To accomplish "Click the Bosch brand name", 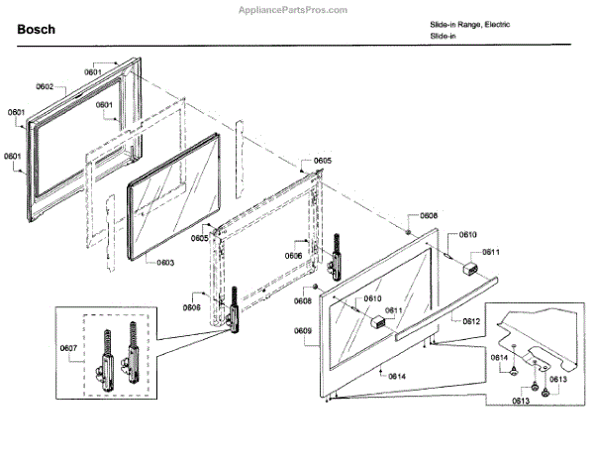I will click(36, 30).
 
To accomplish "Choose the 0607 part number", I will click(69, 348).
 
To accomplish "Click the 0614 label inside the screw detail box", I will click(501, 357).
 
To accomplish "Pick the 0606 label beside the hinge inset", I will click(191, 307).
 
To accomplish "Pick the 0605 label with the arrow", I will click(323, 161).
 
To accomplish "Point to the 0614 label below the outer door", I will click(396, 377).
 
